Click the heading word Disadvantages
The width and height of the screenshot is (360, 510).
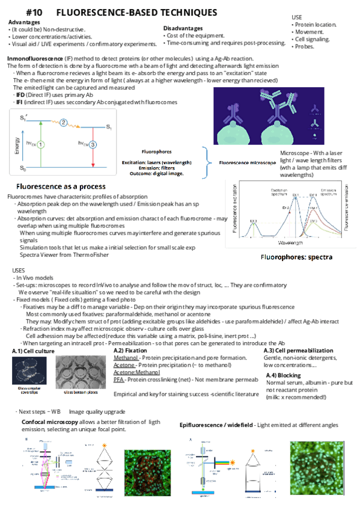183,28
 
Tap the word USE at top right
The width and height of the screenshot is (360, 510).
297,17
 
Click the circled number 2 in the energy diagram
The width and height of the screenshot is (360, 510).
64,123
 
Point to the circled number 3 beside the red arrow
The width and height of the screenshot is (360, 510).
94,144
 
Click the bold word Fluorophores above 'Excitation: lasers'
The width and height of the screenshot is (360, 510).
156,152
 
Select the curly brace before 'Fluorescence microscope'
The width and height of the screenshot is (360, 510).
209,162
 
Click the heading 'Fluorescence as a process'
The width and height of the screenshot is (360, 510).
61,186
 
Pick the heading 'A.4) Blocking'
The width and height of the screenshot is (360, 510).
285,375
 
